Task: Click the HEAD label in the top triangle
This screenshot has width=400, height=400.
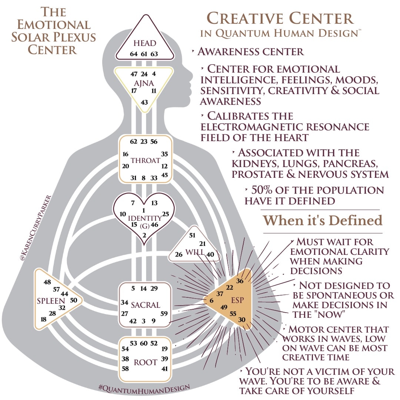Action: click(145, 43)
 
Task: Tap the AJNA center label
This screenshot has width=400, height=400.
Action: click(144, 83)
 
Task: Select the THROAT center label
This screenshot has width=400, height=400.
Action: click(145, 160)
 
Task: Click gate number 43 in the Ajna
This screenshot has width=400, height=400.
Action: click(144, 102)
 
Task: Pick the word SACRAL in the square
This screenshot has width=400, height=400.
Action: click(146, 305)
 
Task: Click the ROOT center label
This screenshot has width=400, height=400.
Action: click(145, 362)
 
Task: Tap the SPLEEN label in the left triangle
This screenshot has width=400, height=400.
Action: click(51, 301)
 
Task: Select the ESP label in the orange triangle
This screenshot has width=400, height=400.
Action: click(237, 300)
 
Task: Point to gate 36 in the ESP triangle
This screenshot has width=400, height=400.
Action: click(240, 281)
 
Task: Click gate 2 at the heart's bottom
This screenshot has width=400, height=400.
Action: click(144, 235)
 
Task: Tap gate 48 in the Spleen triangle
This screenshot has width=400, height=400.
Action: click(47, 282)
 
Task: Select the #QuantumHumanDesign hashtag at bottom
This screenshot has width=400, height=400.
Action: click(144, 387)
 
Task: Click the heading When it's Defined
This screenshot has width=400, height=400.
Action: click(323, 220)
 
